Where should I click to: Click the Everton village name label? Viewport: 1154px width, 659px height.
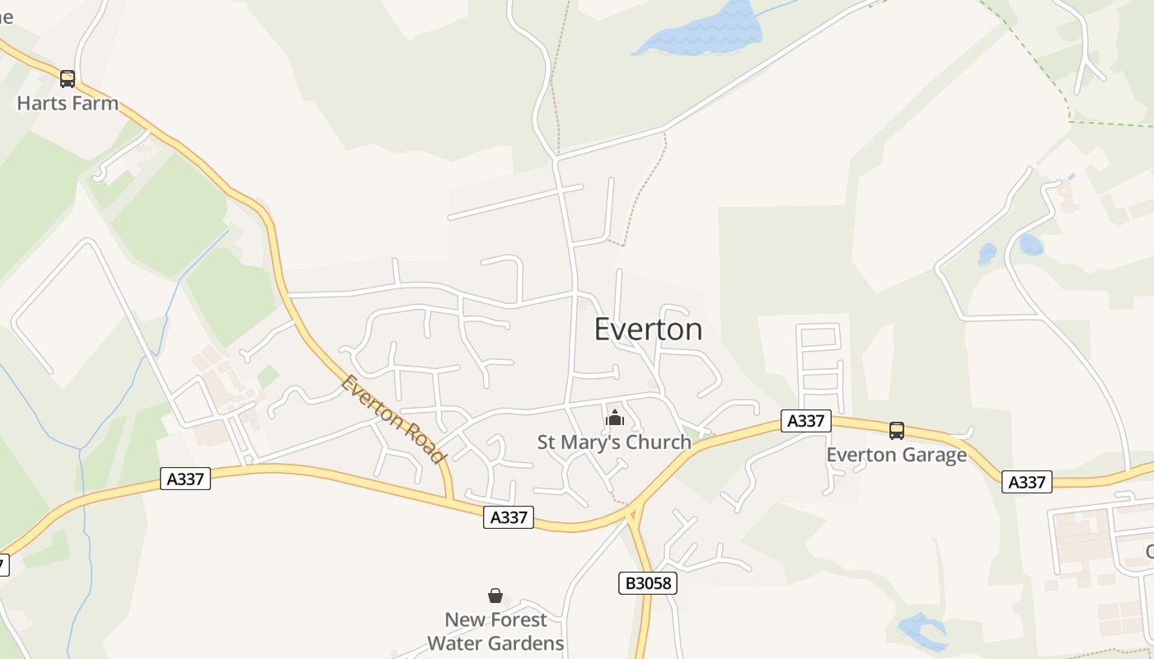(648, 329)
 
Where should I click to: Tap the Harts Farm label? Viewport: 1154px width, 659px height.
(68, 104)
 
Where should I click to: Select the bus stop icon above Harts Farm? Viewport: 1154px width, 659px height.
(68, 79)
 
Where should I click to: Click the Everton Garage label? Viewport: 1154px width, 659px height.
(896, 455)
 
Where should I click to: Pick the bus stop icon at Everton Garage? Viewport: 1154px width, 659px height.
(896, 430)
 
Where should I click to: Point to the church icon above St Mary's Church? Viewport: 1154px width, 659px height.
(615, 418)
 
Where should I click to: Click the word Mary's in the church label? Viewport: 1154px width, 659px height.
(594, 442)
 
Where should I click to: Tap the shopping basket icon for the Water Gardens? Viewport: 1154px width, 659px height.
(495, 595)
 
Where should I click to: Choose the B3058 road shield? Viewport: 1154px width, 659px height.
(648, 583)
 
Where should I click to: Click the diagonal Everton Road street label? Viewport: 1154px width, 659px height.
(393, 418)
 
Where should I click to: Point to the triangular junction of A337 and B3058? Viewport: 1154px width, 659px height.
(633, 516)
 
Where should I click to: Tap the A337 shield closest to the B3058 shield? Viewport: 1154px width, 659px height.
(509, 517)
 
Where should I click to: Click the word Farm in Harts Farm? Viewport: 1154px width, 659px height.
(95, 104)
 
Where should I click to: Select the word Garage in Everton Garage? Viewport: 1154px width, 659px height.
(934, 455)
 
